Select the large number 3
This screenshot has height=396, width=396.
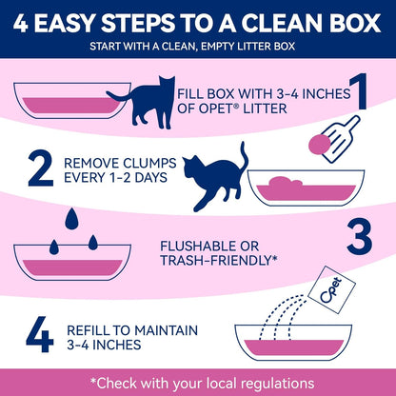(359, 236)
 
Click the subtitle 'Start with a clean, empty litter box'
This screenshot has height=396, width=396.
(197, 46)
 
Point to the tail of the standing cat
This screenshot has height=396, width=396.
(119, 91)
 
